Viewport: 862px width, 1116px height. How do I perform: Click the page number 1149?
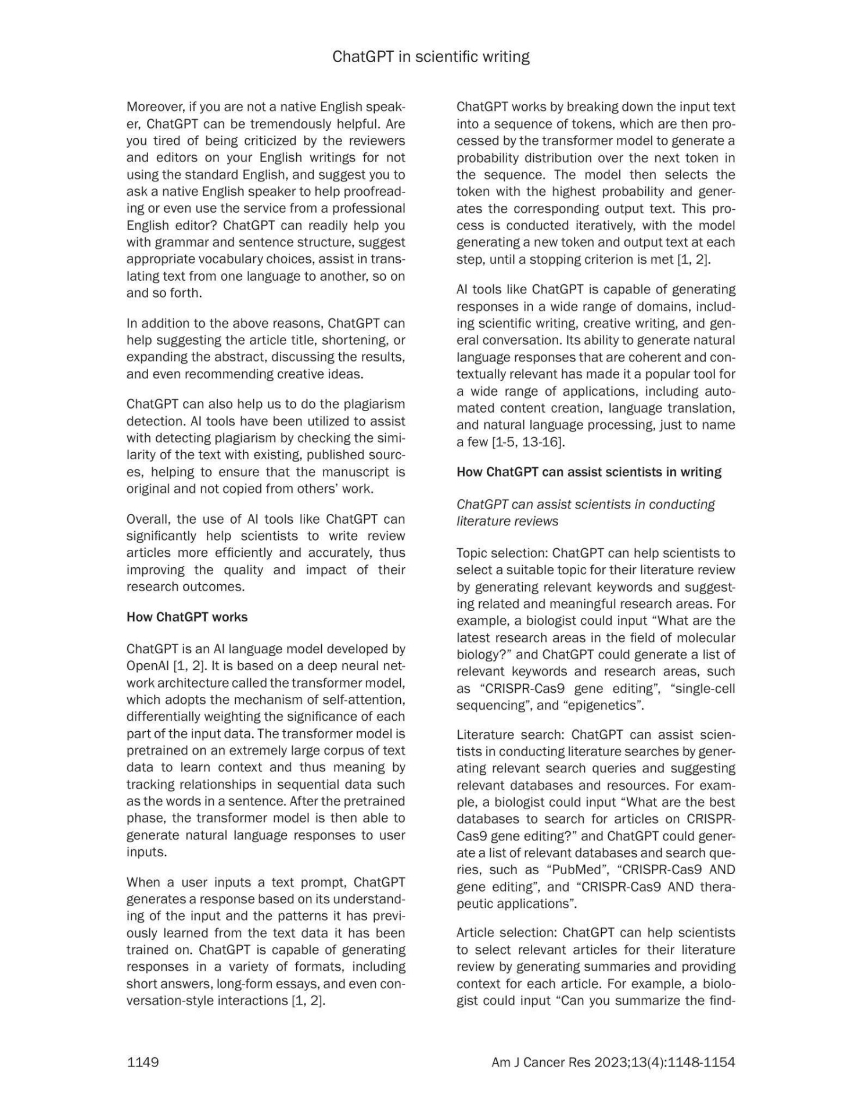click(x=142, y=1062)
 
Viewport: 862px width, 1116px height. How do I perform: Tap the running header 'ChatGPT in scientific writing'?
click(x=430, y=57)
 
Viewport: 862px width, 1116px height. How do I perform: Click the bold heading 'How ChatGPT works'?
click(x=187, y=617)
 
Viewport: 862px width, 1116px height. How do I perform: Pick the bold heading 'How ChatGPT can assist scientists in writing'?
click(x=588, y=471)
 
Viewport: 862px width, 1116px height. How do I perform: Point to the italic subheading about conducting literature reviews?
click(x=585, y=512)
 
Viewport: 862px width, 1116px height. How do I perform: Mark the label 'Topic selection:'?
click(x=502, y=553)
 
